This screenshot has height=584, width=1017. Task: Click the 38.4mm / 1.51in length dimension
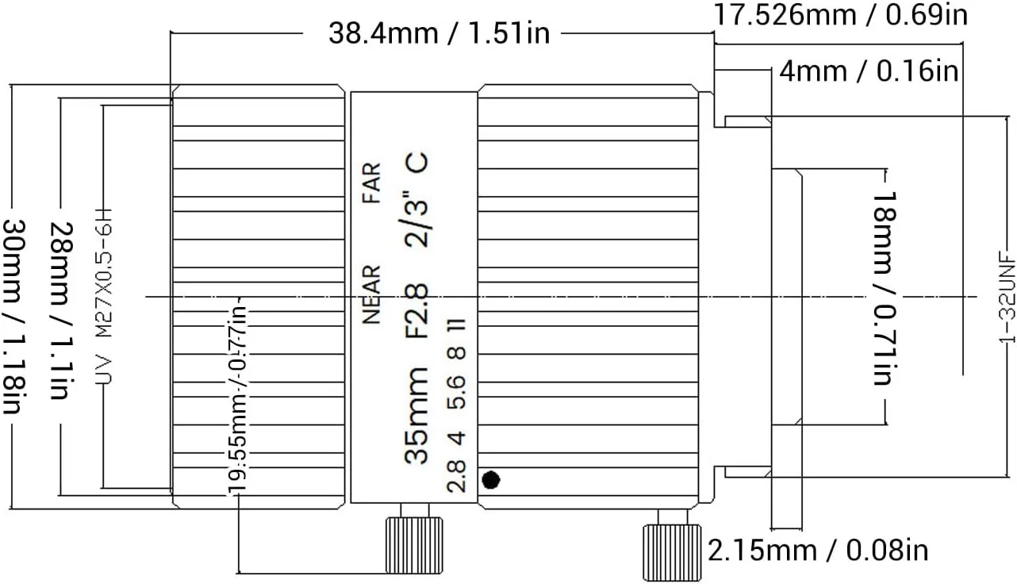click(x=439, y=33)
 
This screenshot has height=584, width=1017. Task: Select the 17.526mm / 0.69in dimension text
click(x=841, y=14)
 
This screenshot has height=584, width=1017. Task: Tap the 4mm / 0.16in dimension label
click(x=869, y=71)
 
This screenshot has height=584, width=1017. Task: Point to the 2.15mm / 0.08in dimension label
click(x=818, y=551)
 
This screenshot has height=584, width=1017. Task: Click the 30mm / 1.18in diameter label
click(x=13, y=317)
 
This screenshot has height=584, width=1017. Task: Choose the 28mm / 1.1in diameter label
click(x=60, y=310)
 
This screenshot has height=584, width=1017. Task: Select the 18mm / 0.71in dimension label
click(x=884, y=289)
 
